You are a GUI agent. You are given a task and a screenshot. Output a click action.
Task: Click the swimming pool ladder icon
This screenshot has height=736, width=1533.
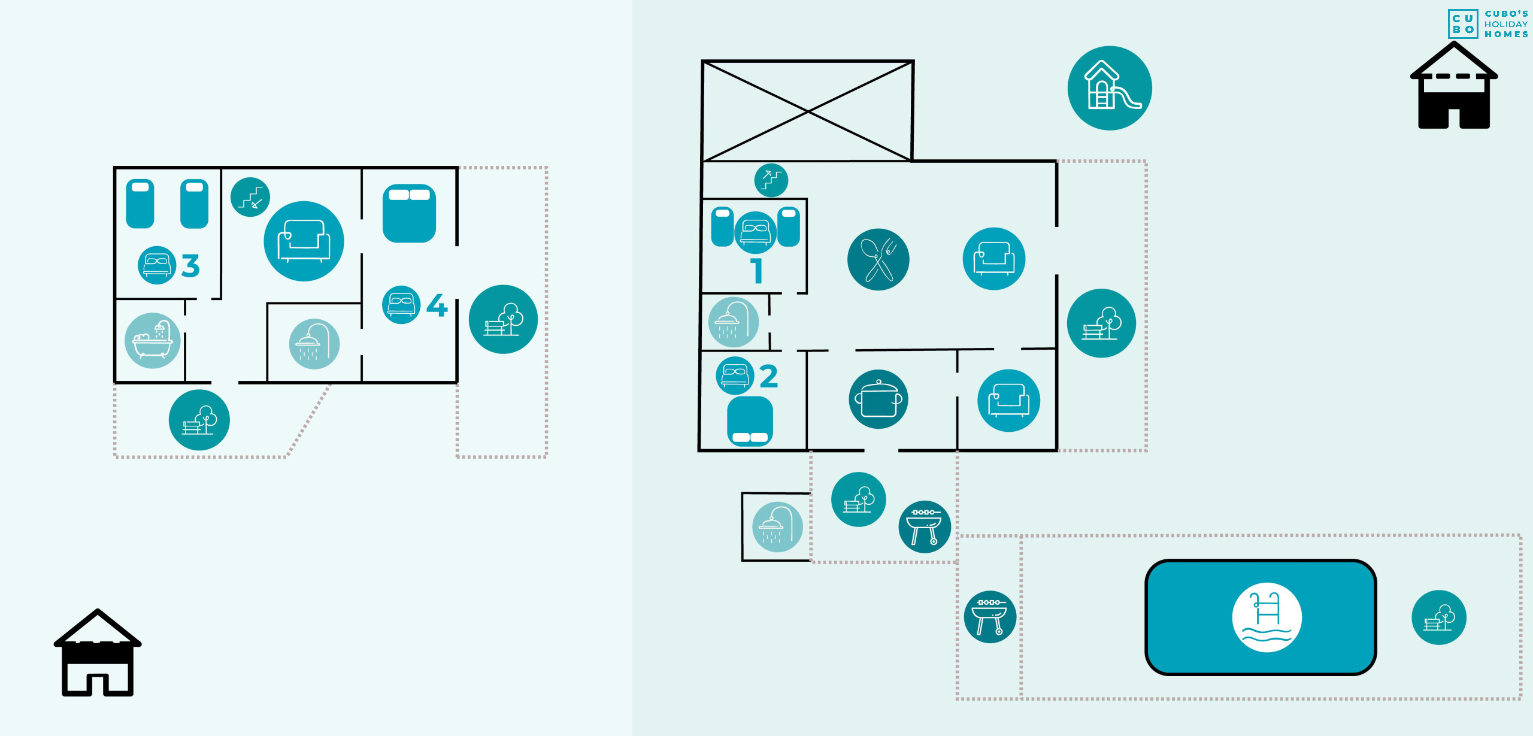coord(1267,617)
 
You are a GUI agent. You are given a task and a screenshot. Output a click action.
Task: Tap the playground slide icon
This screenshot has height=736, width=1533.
coord(1110,88)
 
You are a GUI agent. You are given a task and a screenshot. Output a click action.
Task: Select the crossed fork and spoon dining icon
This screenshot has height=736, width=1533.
coord(878,259)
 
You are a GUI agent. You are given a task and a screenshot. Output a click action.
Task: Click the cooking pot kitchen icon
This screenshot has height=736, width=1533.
coord(878,399)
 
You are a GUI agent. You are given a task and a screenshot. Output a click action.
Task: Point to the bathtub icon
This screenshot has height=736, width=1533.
coord(153,340)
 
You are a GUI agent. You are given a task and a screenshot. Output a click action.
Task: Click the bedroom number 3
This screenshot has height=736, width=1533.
coord(190,266)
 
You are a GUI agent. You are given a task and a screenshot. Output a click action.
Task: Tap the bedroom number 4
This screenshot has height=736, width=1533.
coord(437,305)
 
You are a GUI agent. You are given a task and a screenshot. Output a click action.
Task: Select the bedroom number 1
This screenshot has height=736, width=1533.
coord(757,270)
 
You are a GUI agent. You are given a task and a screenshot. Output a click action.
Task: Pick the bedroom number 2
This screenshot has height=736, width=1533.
coord(769,376)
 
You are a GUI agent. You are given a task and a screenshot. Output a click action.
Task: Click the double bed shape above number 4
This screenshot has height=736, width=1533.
coord(410,213)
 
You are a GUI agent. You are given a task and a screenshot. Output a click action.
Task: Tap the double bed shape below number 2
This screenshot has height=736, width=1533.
coord(750,421)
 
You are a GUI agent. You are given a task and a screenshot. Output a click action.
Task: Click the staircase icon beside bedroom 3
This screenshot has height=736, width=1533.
coord(250,197)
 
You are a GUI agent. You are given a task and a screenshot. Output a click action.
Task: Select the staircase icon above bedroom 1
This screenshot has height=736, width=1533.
coord(771,180)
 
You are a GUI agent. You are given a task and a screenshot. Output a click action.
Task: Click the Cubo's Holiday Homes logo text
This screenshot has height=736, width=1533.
coord(1506,24)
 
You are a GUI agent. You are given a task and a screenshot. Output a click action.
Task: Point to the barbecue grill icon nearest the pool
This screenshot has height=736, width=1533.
coord(990,617)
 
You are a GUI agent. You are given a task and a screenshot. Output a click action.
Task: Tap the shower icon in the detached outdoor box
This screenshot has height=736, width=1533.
coord(777,527)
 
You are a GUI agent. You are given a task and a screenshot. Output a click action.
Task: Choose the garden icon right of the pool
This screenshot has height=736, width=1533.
coord(1439,617)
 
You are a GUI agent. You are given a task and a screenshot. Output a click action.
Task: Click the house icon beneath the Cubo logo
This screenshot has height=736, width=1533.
coord(1454,85)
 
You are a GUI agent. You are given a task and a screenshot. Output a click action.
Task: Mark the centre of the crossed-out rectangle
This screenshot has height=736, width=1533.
coord(808,111)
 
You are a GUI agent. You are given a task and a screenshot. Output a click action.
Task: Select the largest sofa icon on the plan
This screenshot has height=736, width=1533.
coord(304,241)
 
